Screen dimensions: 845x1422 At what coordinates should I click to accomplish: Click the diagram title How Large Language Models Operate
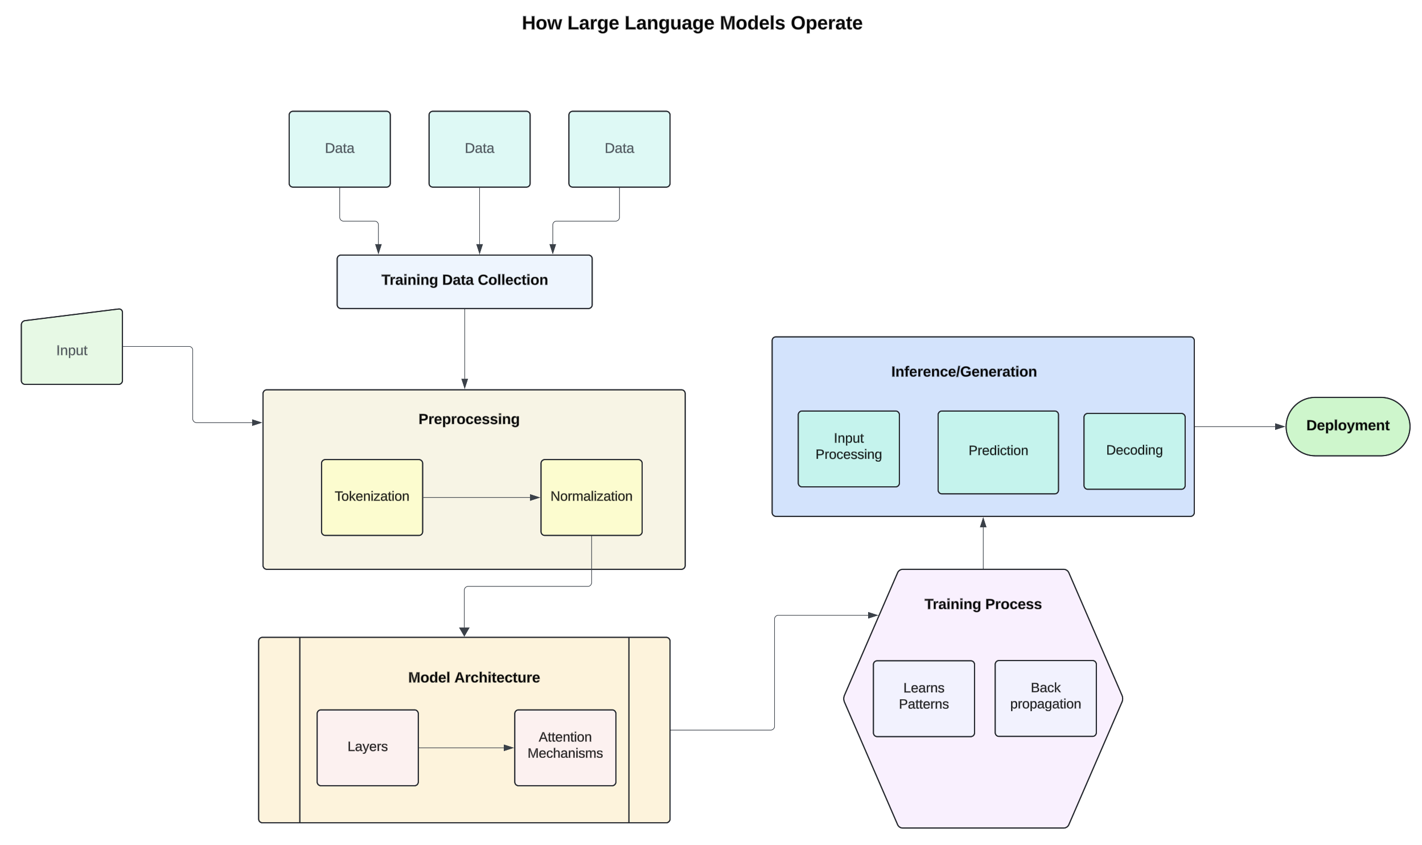tap(692, 23)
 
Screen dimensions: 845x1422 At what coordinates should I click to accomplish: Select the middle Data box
tap(479, 149)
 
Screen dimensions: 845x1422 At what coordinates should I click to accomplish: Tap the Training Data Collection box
tap(464, 281)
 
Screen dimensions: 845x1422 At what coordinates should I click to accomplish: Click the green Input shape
tap(72, 350)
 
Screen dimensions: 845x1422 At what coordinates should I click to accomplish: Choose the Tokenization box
tap(372, 497)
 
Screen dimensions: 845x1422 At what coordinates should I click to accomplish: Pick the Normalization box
tap(591, 497)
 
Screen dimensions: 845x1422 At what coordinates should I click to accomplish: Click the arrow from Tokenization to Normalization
tap(481, 497)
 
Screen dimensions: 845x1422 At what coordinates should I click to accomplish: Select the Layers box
tap(367, 747)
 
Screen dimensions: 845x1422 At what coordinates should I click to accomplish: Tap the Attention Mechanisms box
tap(565, 747)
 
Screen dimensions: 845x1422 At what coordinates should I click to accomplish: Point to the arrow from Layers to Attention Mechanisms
tap(466, 748)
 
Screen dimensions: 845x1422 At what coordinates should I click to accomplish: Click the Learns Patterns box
tap(923, 698)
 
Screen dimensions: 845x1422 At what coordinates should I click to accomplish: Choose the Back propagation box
tap(1045, 698)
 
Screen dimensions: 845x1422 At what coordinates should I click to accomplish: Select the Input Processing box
tap(848, 449)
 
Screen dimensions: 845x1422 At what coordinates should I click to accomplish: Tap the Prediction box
tap(998, 452)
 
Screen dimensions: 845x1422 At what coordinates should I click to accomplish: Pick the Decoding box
tap(1134, 451)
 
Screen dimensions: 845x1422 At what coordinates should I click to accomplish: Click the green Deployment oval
tap(1347, 426)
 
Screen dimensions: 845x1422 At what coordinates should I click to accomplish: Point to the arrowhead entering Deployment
tap(1280, 426)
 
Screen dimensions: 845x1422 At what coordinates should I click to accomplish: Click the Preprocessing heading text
tap(468, 419)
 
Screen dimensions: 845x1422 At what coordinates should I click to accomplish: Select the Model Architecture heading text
tap(474, 677)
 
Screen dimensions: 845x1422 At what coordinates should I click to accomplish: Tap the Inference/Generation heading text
tap(963, 372)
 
